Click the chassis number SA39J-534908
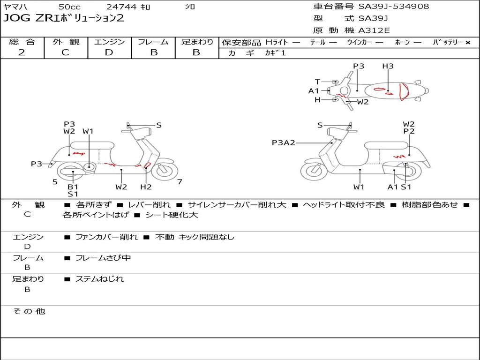click(394, 6)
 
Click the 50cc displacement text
click(69, 7)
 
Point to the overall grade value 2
click(22, 52)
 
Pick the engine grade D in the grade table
click(109, 52)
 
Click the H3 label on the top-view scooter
click(388, 66)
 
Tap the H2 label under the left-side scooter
click(146, 187)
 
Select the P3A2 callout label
click(284, 142)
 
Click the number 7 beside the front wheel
click(180, 182)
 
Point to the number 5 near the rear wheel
click(55, 182)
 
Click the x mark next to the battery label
click(468, 43)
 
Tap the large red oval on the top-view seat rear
click(404, 91)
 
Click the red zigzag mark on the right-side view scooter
click(399, 156)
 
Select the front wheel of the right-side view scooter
click(315, 169)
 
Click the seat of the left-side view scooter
click(92, 145)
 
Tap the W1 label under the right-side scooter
click(359, 187)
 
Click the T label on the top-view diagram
click(317, 82)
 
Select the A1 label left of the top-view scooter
click(314, 91)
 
